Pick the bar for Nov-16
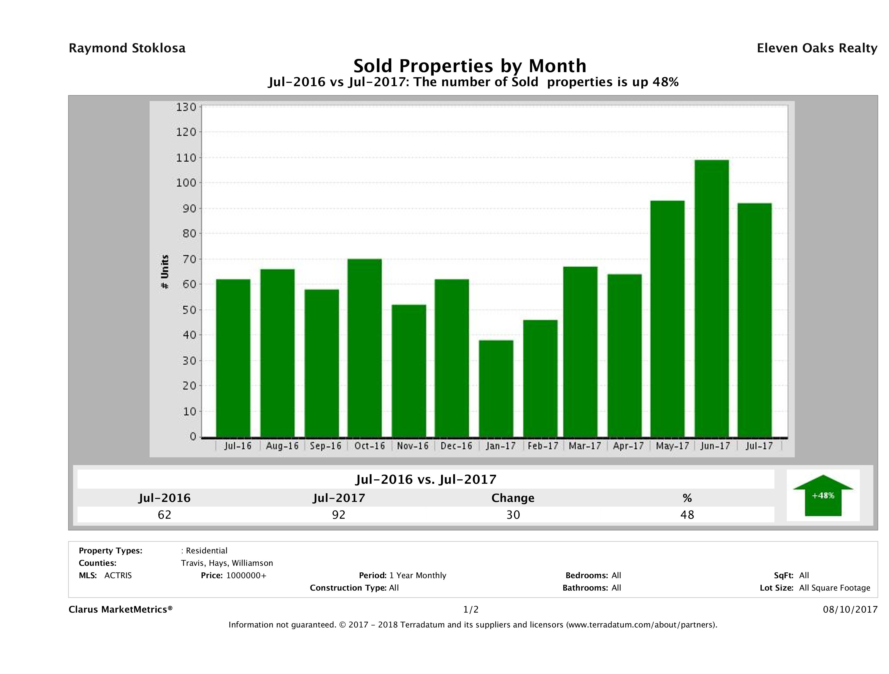click(x=409, y=371)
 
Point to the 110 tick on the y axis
click(x=186, y=157)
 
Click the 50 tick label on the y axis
click(x=186, y=310)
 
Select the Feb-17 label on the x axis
click(x=543, y=446)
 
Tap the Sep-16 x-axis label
click(x=326, y=446)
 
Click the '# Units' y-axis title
click(x=165, y=272)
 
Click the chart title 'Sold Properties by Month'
click(x=469, y=66)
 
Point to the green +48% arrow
click(x=823, y=495)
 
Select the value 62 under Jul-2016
click(x=164, y=515)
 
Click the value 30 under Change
click(x=513, y=515)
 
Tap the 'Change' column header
click(x=513, y=498)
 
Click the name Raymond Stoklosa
click(x=127, y=48)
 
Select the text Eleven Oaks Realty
click(x=817, y=48)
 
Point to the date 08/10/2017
click(x=850, y=609)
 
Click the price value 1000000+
click(x=246, y=575)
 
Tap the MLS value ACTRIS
click(x=118, y=575)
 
